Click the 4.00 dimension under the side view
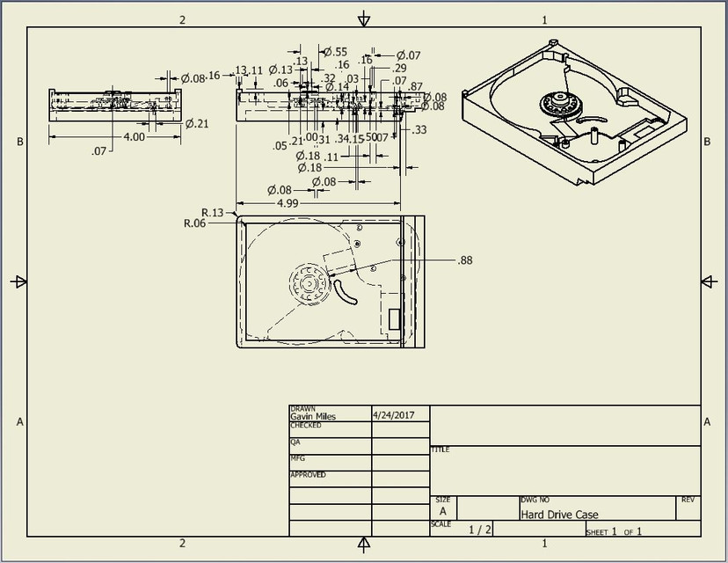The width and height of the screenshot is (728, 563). tap(135, 137)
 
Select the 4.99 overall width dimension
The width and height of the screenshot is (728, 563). tap(287, 203)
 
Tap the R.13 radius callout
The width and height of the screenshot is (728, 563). tap(213, 212)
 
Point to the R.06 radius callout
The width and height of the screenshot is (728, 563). tap(194, 223)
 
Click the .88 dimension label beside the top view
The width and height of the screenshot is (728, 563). tap(465, 260)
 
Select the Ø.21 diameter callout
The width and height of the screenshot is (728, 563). tap(196, 123)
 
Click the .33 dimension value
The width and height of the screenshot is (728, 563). tap(419, 130)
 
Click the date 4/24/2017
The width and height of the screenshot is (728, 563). tap(394, 414)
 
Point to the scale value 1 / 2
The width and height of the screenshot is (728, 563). tap(481, 530)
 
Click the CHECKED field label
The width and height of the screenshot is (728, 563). tap(306, 426)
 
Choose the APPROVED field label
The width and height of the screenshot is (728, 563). tap(308, 475)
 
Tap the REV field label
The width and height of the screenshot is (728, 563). tap(687, 500)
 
